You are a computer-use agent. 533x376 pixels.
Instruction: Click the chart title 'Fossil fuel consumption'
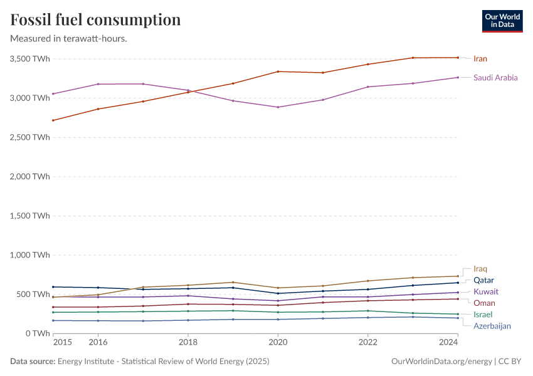click(95, 19)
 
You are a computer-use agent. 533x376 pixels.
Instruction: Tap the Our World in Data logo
click(502, 21)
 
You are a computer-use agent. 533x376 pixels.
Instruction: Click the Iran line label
click(480, 59)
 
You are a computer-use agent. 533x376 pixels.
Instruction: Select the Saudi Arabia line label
click(495, 78)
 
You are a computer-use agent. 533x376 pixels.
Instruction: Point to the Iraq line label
click(480, 269)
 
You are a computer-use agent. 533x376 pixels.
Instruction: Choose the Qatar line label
click(483, 280)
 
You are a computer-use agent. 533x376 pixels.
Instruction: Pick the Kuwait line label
click(486, 291)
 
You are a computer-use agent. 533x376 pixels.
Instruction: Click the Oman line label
click(484, 303)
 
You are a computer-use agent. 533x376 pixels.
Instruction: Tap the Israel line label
click(483, 314)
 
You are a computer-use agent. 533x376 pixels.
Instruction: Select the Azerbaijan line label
click(492, 326)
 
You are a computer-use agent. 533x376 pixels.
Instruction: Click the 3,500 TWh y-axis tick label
click(29, 59)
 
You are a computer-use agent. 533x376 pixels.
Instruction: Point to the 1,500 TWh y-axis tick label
click(29, 216)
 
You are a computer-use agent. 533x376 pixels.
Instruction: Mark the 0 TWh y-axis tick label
click(37, 333)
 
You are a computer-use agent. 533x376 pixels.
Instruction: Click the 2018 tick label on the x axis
click(188, 342)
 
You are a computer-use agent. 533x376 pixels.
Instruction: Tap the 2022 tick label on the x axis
click(367, 342)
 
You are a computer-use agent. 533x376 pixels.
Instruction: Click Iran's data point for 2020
click(278, 71)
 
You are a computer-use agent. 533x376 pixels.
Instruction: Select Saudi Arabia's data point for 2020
click(278, 107)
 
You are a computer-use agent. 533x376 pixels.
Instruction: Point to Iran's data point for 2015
click(53, 120)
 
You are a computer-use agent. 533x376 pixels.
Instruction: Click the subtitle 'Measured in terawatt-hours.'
click(69, 39)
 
